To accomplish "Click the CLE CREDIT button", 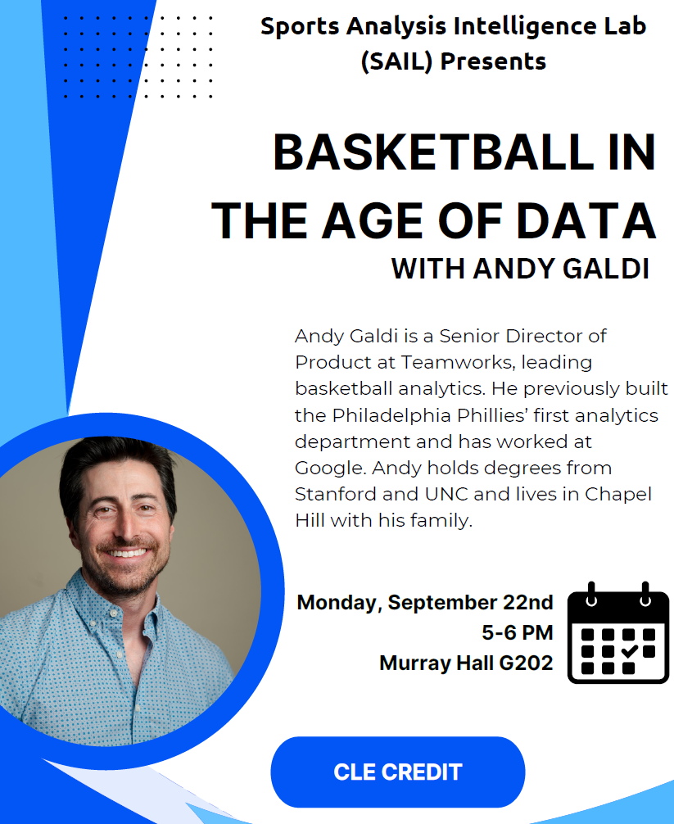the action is (x=398, y=772).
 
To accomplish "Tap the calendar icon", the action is (x=618, y=632).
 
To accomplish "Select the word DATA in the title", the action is (x=586, y=220).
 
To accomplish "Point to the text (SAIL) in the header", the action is (x=397, y=61).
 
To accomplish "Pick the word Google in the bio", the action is (x=329, y=469).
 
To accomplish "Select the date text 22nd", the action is (x=528, y=602).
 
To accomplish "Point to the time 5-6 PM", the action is (x=518, y=632).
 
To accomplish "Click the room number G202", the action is (x=526, y=663).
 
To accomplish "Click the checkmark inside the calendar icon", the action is (x=629, y=651).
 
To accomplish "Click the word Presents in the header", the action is (x=493, y=61).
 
